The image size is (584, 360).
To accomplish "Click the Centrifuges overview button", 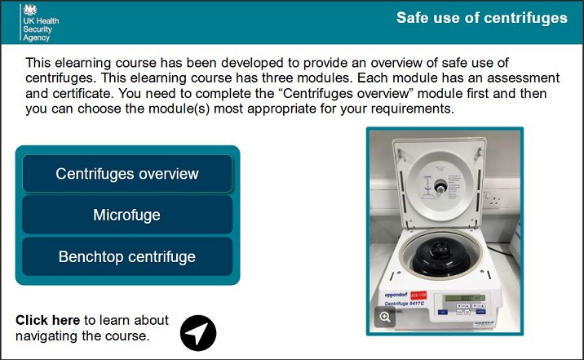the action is (127, 174).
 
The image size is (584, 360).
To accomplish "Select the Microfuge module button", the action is (127, 215).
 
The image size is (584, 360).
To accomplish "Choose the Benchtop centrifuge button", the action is (127, 257).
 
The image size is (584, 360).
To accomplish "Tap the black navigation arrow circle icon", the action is (198, 333).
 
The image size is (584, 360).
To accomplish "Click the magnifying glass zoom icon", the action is (385, 317).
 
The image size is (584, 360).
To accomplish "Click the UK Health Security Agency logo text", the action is (41, 29).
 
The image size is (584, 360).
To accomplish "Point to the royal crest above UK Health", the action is (30, 10).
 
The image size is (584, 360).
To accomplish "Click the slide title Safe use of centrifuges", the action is (481, 18).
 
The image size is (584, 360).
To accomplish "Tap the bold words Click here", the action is (47, 320).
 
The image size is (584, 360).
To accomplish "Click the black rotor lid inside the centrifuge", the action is (441, 256).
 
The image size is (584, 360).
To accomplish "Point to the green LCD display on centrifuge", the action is (465, 298).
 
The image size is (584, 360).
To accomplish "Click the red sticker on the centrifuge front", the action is (418, 296).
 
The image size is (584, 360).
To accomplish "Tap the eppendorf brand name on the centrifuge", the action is (396, 296).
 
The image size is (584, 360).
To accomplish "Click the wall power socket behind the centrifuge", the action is (494, 199).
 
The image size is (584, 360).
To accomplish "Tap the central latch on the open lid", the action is (440, 186).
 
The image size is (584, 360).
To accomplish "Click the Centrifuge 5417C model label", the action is (404, 304).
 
